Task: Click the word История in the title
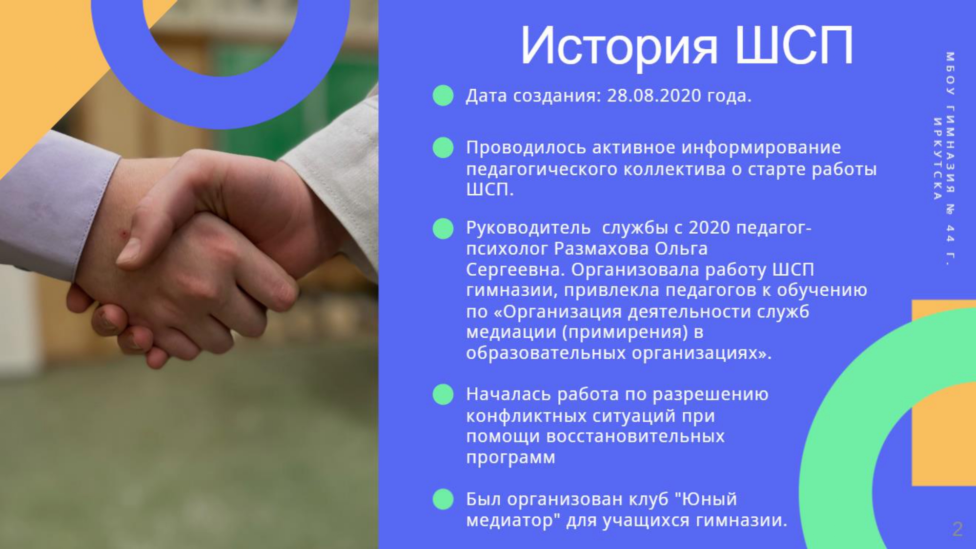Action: click(x=619, y=46)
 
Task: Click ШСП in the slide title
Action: click(x=794, y=45)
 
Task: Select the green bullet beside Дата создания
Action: click(x=443, y=95)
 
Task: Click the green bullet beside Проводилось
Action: click(x=443, y=147)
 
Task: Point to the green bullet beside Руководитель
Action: click(x=443, y=228)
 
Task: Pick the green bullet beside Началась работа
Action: click(x=443, y=394)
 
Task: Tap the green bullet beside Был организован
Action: click(x=443, y=499)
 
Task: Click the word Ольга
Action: click(x=681, y=249)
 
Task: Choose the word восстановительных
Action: click(x=635, y=436)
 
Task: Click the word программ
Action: click(x=510, y=458)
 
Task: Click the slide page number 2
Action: click(x=957, y=529)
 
